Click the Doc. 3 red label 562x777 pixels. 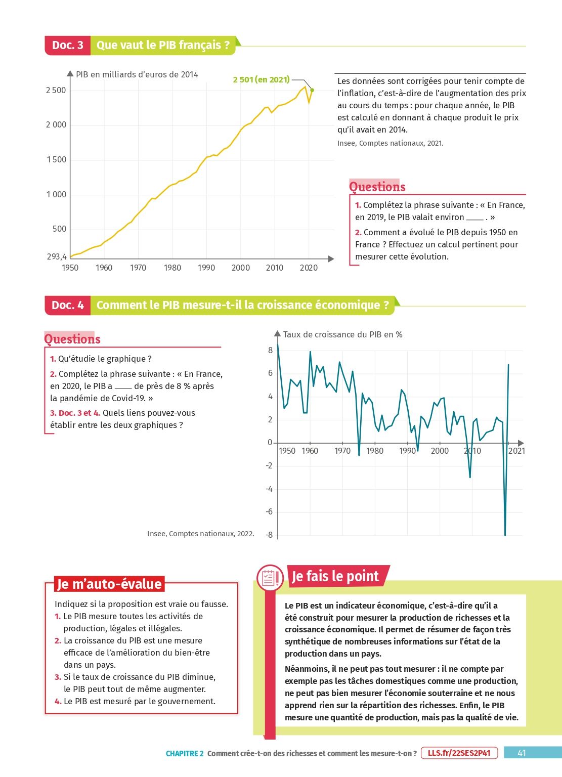(x=67, y=45)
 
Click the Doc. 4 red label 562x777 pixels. (x=67, y=305)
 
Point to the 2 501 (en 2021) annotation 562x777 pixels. (x=261, y=79)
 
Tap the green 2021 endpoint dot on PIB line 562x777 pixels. (x=312, y=90)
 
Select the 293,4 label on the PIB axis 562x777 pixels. (x=57, y=256)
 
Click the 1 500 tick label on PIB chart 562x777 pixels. (x=56, y=159)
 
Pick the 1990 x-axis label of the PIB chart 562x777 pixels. (x=206, y=268)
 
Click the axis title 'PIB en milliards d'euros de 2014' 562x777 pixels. (x=137, y=74)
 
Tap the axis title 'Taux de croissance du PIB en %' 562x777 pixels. (x=342, y=334)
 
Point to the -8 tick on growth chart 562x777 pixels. (x=269, y=535)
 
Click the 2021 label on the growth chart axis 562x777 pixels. (x=516, y=451)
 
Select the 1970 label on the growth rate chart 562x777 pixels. (x=342, y=451)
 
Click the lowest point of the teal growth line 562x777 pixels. (x=505, y=535)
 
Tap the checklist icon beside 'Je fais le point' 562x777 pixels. (x=270, y=578)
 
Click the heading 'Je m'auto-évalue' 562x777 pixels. (x=109, y=584)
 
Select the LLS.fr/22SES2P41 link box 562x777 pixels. (x=459, y=753)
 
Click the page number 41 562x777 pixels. (x=522, y=753)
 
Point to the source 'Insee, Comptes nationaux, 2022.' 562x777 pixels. (x=200, y=534)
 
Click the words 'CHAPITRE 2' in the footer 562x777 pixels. (x=185, y=753)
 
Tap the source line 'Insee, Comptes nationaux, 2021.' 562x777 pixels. (x=390, y=143)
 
